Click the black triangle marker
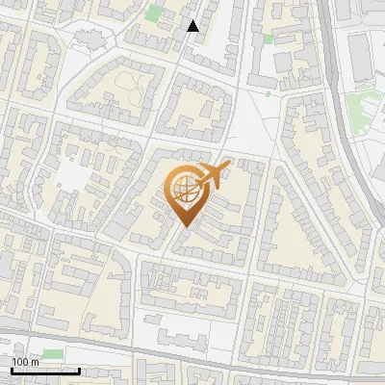point(193,26)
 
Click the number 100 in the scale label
point(20,362)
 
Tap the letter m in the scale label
point(34,362)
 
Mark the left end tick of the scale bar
point(12,369)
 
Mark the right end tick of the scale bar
point(79,369)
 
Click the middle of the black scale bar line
point(45,371)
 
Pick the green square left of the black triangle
point(154,13)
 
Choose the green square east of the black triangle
point(268,39)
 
